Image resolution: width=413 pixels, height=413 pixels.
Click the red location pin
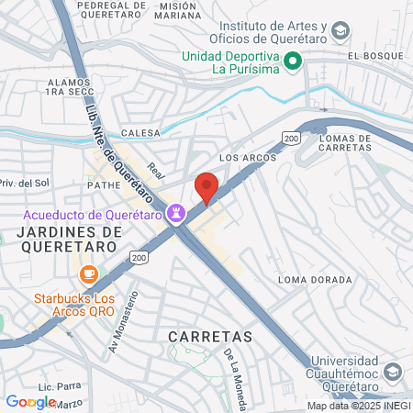206,186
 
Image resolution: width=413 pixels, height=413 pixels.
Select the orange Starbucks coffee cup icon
88,273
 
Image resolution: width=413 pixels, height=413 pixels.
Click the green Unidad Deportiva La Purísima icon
294,61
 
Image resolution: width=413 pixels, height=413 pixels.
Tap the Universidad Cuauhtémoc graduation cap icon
393,372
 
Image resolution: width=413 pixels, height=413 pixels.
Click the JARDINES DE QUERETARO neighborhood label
69,240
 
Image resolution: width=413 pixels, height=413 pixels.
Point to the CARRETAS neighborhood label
210,337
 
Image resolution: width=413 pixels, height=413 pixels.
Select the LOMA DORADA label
315,280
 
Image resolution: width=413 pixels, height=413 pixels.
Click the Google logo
31,401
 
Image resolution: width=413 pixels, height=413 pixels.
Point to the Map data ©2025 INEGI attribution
357,406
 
